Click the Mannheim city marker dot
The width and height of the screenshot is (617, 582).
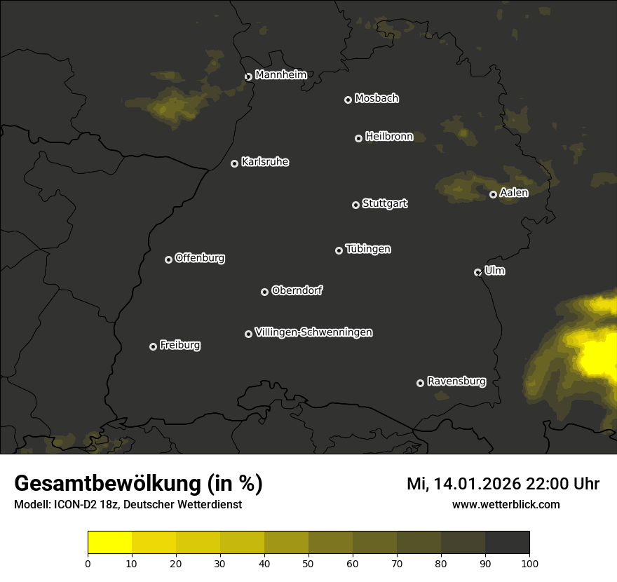(x=248, y=77)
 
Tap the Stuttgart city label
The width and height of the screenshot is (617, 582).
(x=384, y=203)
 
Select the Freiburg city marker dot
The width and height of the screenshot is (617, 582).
(x=153, y=346)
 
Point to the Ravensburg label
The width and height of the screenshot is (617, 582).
(x=456, y=381)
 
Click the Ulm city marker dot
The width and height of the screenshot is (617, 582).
(x=477, y=272)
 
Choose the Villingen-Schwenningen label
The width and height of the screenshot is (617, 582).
(x=313, y=332)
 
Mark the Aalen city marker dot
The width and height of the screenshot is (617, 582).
(x=493, y=194)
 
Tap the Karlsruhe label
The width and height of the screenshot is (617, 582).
(x=264, y=162)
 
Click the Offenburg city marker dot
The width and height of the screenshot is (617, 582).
(x=168, y=259)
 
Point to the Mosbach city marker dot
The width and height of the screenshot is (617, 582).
(x=348, y=100)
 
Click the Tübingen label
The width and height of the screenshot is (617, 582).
(x=368, y=249)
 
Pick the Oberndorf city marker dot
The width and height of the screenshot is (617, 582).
(x=264, y=292)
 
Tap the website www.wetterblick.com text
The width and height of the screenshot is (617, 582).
(x=506, y=504)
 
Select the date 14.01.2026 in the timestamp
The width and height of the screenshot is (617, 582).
(x=477, y=484)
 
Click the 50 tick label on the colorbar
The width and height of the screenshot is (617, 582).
(x=308, y=563)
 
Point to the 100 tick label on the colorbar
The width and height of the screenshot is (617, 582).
(x=529, y=563)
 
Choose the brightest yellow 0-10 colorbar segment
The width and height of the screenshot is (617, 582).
(x=110, y=543)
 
